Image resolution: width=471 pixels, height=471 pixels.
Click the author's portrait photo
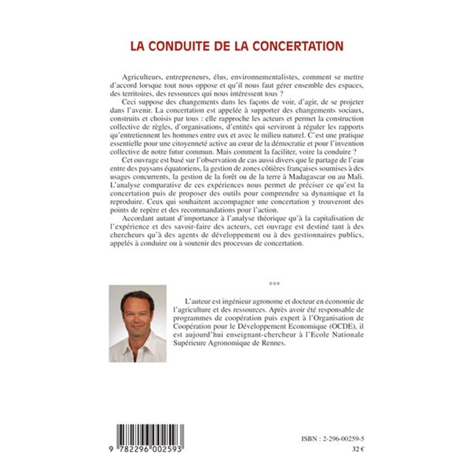(x=137, y=323)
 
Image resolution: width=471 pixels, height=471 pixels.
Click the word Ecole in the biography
(x=333, y=336)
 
